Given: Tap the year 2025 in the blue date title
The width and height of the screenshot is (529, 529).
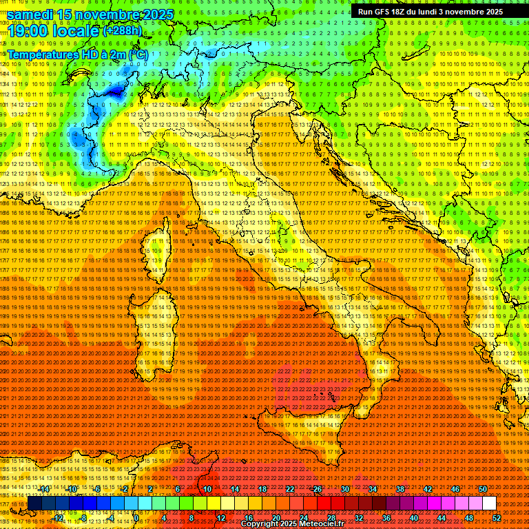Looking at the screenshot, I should click(156, 14).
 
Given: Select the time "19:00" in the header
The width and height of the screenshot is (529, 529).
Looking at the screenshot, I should click(25, 30).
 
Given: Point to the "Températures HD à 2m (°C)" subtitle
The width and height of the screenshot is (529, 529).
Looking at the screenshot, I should click(77, 54).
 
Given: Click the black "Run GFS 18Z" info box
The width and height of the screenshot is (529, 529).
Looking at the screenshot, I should click(431, 12).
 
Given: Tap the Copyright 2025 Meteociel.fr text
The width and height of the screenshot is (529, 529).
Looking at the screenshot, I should click(297, 524).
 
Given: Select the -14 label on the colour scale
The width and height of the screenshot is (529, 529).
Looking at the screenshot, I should click(45, 489).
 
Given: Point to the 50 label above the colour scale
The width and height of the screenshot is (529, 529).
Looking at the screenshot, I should click(482, 489).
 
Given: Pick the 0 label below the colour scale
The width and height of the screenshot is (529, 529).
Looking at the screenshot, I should click(136, 517).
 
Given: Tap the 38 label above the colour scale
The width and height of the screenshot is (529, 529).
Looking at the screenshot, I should click(400, 489).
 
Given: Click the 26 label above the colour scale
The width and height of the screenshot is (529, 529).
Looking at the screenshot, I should click(318, 489).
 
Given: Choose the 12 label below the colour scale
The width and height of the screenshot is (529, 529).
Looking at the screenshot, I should click(221, 517).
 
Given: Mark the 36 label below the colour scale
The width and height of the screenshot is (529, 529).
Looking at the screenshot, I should click(386, 517).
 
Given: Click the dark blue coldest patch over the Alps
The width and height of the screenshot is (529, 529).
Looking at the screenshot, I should click(114, 90).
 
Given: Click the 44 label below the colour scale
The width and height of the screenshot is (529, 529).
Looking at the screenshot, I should click(442, 517).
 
